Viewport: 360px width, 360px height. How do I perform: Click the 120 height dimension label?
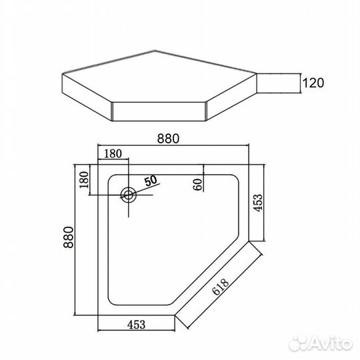pyautogui.click(x=313, y=83)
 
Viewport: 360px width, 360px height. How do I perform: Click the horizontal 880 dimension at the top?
pyautogui.click(x=168, y=139)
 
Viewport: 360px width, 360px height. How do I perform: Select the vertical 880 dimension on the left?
pyautogui.click(x=69, y=237)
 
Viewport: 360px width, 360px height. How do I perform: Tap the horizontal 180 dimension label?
pyautogui.click(x=113, y=153)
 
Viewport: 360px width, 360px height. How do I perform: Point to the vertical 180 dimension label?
pyautogui.click(x=84, y=180)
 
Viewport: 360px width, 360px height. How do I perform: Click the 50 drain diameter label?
pyautogui.click(x=151, y=181)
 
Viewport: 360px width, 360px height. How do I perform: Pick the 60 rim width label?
pyautogui.click(x=198, y=185)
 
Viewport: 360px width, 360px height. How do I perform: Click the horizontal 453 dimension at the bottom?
pyautogui.click(x=137, y=325)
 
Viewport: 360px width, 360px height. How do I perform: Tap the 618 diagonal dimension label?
pyautogui.click(x=221, y=287)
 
